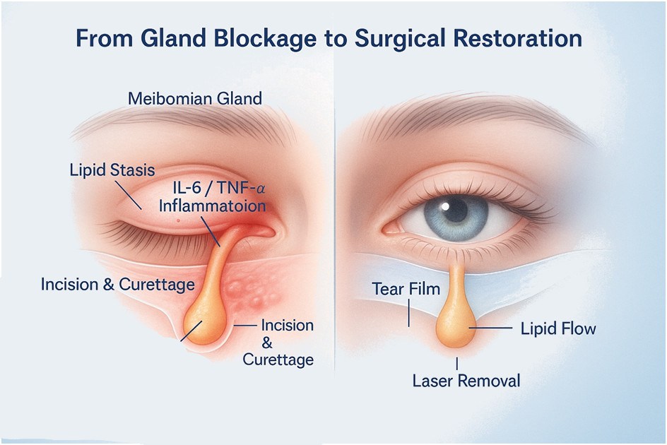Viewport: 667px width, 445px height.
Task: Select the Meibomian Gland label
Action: click(195, 97)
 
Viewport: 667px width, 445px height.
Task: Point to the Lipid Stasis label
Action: click(112, 170)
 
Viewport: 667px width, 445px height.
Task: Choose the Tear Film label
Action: click(406, 288)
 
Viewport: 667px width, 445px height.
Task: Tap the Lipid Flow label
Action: click(558, 328)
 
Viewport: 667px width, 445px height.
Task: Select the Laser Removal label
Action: click(466, 381)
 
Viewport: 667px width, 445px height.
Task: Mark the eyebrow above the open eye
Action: click(459, 106)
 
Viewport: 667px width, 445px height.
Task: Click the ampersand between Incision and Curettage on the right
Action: click(267, 343)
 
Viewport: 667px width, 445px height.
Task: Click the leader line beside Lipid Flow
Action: click(492, 328)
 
